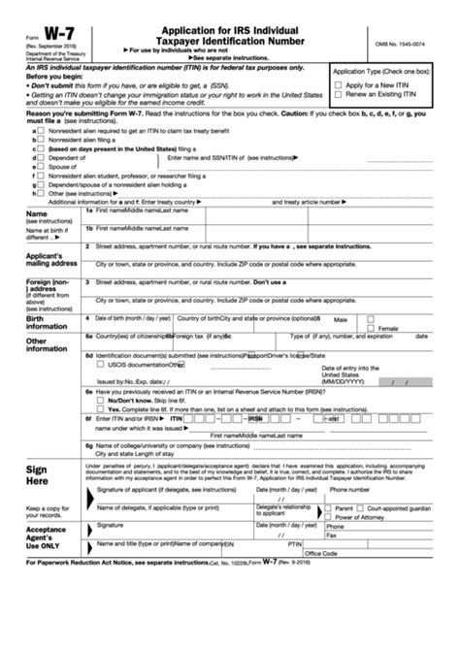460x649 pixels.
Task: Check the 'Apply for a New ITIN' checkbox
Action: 339,85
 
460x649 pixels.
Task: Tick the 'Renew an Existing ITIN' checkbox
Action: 339,95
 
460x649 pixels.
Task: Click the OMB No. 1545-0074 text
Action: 407,45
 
